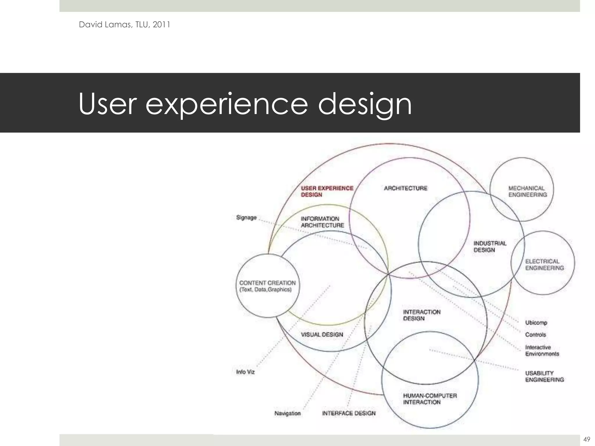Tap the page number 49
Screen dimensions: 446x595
pyautogui.click(x=586, y=439)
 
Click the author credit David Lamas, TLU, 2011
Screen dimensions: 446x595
pyautogui.click(x=124, y=25)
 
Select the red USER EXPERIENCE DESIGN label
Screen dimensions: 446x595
pyautogui.click(x=327, y=191)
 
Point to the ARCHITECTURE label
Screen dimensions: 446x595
pyautogui.click(x=406, y=188)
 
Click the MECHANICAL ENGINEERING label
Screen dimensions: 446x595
pyautogui.click(x=527, y=191)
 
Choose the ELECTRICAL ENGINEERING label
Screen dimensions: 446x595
pyautogui.click(x=544, y=265)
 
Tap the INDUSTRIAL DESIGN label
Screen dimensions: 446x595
pyautogui.click(x=490, y=247)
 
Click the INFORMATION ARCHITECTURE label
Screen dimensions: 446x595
pyautogui.click(x=322, y=222)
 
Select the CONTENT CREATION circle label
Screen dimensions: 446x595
pyautogui.click(x=267, y=286)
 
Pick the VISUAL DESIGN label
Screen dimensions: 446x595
pyautogui.click(x=322, y=334)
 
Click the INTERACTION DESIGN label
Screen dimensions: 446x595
pyautogui.click(x=422, y=315)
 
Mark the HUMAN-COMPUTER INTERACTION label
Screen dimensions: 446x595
pyautogui.click(x=430, y=399)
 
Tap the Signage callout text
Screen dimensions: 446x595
pyautogui.click(x=246, y=217)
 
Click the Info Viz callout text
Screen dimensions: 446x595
pyautogui.click(x=245, y=372)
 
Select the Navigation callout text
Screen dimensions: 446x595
pyautogui.click(x=287, y=413)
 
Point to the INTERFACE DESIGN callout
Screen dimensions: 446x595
pyautogui.click(x=349, y=413)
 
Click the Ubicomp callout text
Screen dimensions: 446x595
pyautogui.click(x=536, y=323)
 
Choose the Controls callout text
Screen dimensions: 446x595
pyautogui.click(x=535, y=334)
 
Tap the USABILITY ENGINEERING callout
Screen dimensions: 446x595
pyautogui.click(x=544, y=376)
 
